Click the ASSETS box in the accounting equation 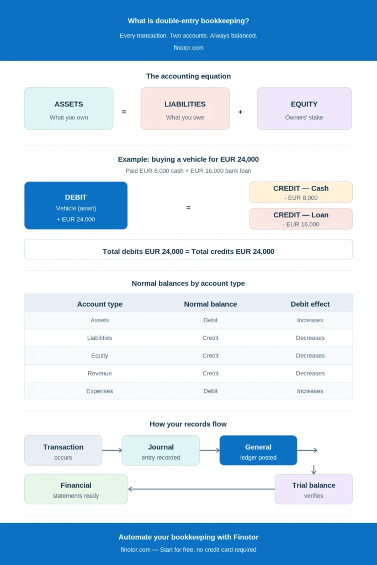click(68, 109)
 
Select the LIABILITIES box click(185, 109)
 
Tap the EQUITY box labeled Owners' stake click(304, 109)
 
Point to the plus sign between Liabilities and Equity click(241, 112)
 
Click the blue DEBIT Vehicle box click(76, 205)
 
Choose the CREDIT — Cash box click(301, 193)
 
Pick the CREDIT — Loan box click(301, 218)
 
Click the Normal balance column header click(210, 304)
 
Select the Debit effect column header click(310, 304)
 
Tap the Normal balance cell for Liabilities click(210, 338)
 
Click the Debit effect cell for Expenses click(310, 391)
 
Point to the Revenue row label click(99, 374)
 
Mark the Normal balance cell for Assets click(210, 320)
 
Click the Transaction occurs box click(63, 450)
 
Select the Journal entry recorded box click(161, 450)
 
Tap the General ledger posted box click(258, 450)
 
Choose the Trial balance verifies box click(314, 489)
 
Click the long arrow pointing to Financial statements click(201, 489)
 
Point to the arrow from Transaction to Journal click(112, 450)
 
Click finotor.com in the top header click(189, 47)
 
